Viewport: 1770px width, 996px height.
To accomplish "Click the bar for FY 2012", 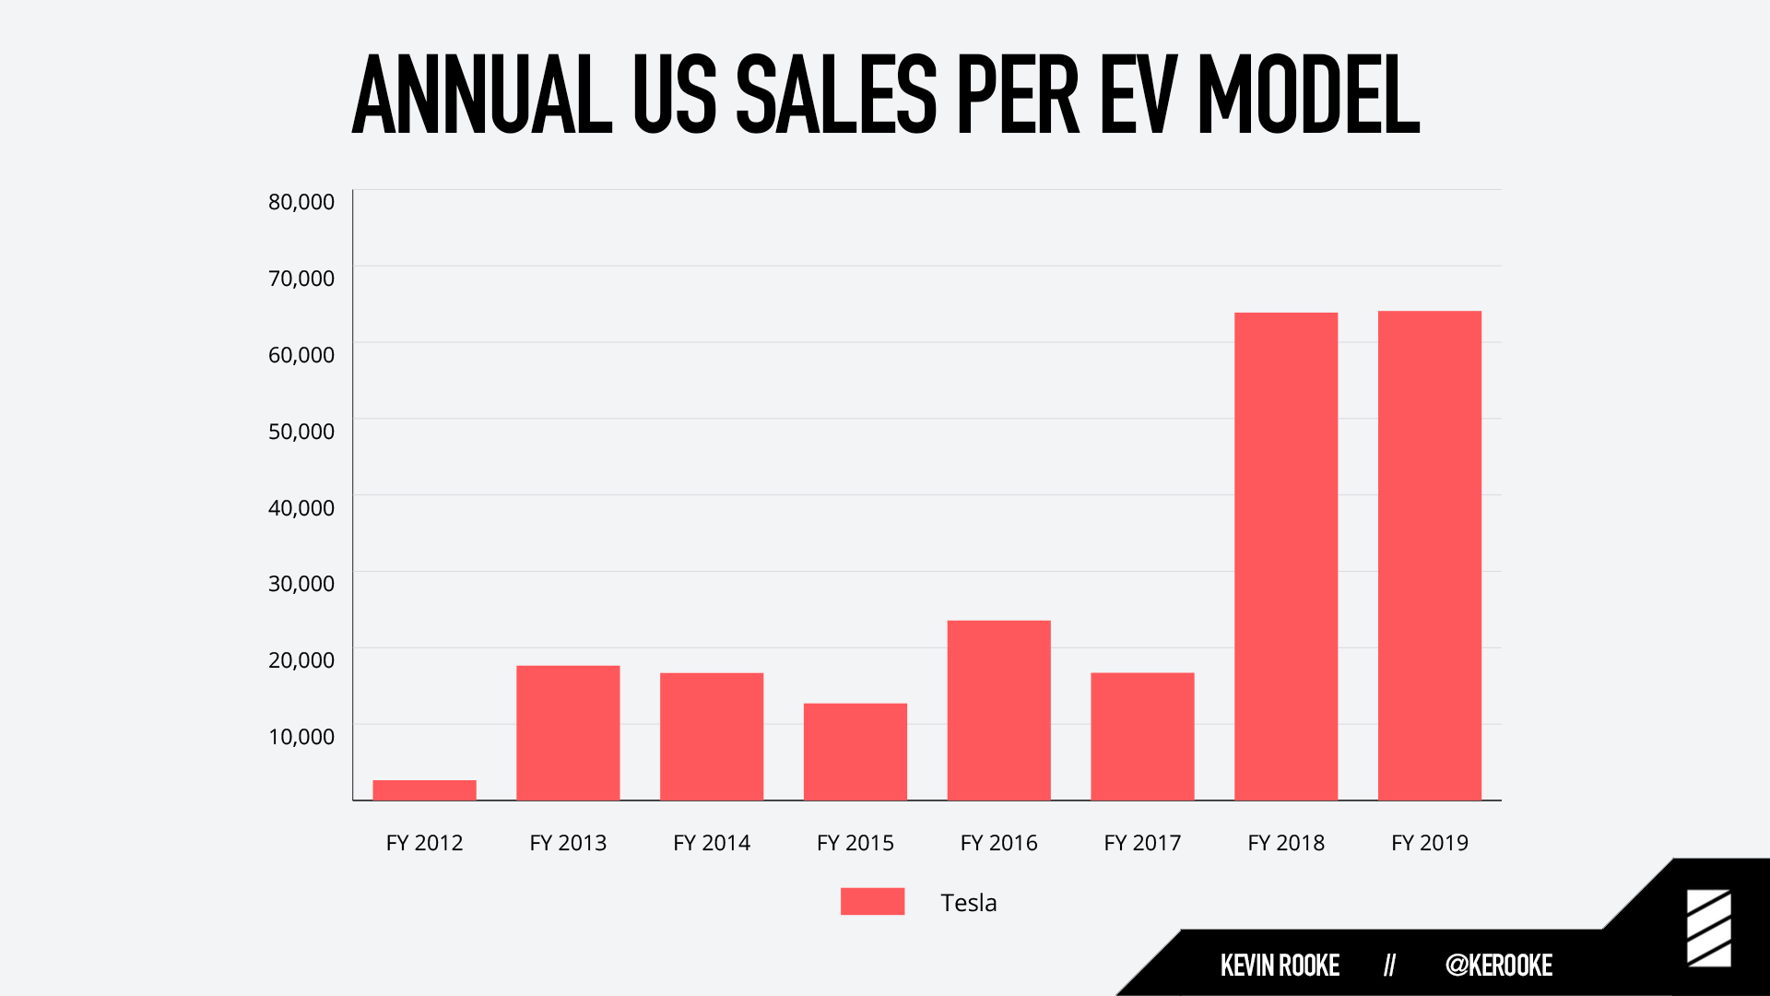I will pyautogui.click(x=424, y=789).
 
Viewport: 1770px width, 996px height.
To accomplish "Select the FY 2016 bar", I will pyautogui.click(x=998, y=710).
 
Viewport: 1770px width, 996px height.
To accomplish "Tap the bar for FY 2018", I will pyautogui.click(x=1285, y=556).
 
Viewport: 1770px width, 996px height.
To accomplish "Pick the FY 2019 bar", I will pyautogui.click(x=1429, y=555).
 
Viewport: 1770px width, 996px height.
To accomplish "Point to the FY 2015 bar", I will pyautogui.click(x=855, y=752).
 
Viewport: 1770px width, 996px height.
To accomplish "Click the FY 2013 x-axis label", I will pyautogui.click(x=568, y=843).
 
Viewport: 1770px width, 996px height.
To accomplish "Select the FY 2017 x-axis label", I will pyautogui.click(x=1142, y=843).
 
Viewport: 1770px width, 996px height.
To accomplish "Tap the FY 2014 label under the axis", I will pyautogui.click(x=712, y=843).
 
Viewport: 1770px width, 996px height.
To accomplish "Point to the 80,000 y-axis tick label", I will pyautogui.click(x=301, y=202).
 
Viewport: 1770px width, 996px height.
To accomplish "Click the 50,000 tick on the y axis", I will pyautogui.click(x=301, y=432).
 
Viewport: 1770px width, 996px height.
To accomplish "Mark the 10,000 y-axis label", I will pyautogui.click(x=301, y=737).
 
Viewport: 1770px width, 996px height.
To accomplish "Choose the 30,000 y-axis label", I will pyautogui.click(x=301, y=584).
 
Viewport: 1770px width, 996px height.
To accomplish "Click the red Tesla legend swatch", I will pyautogui.click(x=872, y=901).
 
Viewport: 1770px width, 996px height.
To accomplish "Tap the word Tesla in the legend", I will pyautogui.click(x=968, y=903).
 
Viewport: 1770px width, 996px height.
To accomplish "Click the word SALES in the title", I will pyautogui.click(x=835, y=94).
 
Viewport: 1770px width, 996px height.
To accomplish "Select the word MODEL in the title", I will pyautogui.click(x=1308, y=94).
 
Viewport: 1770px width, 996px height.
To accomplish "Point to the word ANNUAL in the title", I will pyautogui.click(x=481, y=94).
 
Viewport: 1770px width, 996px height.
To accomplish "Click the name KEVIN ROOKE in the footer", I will pyautogui.click(x=1280, y=966).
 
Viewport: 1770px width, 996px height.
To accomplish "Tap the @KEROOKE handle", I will pyautogui.click(x=1498, y=966).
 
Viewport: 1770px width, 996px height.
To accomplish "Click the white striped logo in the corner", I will pyautogui.click(x=1708, y=928).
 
